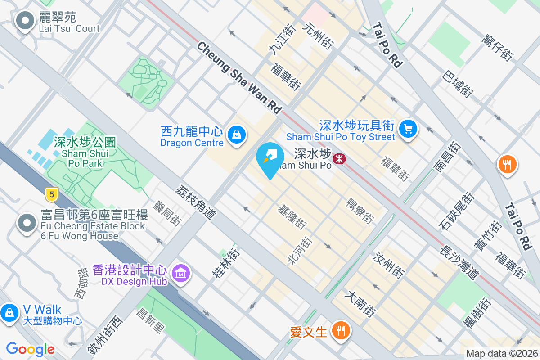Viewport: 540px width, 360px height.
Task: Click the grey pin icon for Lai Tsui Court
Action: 25,21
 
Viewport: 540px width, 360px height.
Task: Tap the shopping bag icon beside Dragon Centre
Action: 236,134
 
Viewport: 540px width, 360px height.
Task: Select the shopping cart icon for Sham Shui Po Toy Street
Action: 408,129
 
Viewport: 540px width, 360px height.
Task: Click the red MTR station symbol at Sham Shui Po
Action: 339,158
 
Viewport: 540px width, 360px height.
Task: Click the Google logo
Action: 30,349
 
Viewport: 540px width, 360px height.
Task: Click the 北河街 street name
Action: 300,251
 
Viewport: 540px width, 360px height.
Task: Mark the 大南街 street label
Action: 360,304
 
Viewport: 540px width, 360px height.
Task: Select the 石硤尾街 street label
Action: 457,211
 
